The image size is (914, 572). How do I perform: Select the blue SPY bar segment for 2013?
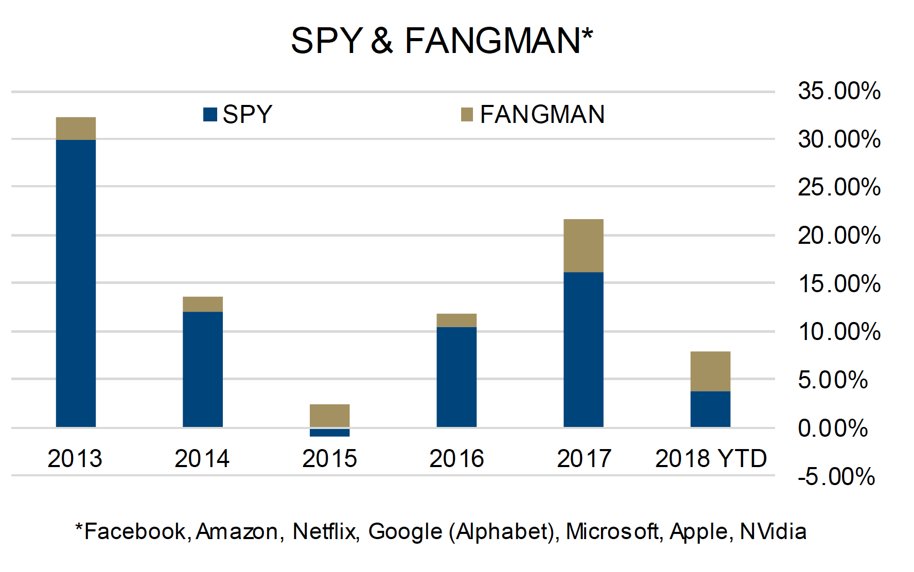(x=76, y=283)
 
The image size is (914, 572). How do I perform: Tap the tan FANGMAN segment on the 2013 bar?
(x=76, y=129)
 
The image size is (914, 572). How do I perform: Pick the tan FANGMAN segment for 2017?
(x=583, y=246)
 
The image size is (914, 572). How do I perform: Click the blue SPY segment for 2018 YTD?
(x=710, y=409)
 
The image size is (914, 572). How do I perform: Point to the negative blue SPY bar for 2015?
(x=329, y=433)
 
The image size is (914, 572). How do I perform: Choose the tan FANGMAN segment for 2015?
(x=329, y=416)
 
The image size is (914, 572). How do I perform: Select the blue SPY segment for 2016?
(x=456, y=377)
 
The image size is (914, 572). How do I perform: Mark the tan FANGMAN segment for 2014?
(x=203, y=304)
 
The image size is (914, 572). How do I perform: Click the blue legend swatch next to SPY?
(x=210, y=114)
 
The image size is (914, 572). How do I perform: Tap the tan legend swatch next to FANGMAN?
(x=467, y=114)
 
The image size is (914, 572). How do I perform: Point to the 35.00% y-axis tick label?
(x=839, y=92)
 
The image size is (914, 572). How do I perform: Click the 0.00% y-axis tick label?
(x=833, y=428)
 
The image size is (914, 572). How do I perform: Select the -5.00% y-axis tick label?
(x=836, y=477)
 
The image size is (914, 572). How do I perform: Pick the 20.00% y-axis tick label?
(x=839, y=236)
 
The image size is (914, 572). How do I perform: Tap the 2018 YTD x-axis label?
(x=711, y=458)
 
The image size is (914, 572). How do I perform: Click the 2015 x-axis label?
(x=329, y=458)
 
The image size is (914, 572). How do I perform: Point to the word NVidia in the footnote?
(x=773, y=532)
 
